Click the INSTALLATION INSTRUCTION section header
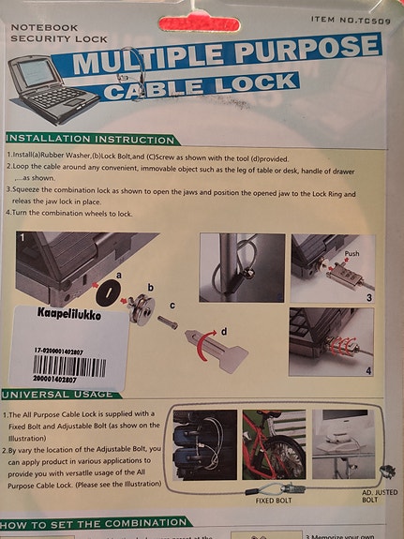click(91, 139)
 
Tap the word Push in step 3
click(352, 254)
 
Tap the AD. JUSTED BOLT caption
click(367, 497)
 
